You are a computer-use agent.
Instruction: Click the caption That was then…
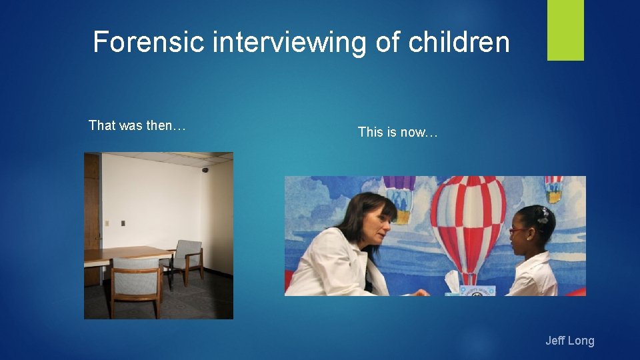click(137, 125)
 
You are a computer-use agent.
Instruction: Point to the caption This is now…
click(397, 132)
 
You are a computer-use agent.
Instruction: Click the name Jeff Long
click(569, 341)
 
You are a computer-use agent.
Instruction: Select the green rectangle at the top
click(565, 30)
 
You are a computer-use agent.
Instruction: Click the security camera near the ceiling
click(205, 170)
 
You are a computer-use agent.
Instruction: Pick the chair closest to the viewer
click(135, 283)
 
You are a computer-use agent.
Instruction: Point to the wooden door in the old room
click(92, 213)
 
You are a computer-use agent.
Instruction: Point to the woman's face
click(372, 230)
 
